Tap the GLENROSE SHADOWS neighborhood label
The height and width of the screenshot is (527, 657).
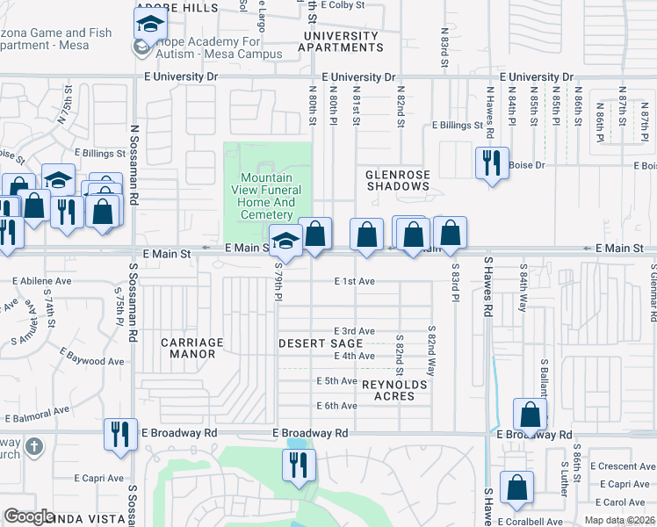pos(398,180)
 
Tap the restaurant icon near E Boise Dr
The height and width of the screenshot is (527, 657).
pos(491,162)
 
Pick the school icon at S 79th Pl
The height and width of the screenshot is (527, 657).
pos(285,239)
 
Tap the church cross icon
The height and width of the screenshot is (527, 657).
pos(34,446)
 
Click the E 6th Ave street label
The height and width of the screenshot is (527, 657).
pos(337,406)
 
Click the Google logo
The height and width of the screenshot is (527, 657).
pos(29,516)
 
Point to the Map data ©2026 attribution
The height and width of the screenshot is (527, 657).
pos(620,521)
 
